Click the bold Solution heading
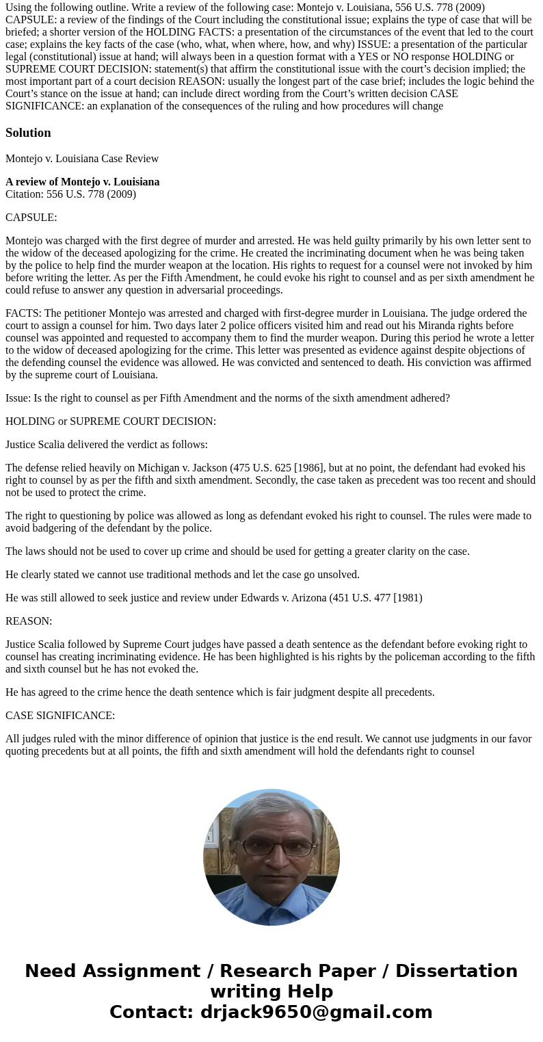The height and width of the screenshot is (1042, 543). tap(28, 133)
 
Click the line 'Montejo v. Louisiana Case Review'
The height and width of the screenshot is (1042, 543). tap(82, 159)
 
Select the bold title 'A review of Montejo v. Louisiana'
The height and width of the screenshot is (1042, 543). tap(82, 182)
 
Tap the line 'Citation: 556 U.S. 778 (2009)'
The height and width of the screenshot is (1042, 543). tap(70, 194)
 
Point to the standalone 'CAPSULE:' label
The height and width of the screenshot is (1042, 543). tap(31, 218)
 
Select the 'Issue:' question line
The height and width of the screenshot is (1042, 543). tap(227, 398)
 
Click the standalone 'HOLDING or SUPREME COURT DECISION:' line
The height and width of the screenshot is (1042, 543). tap(111, 421)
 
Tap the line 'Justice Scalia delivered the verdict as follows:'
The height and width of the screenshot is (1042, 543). tap(107, 445)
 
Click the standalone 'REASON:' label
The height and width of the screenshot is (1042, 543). tap(29, 621)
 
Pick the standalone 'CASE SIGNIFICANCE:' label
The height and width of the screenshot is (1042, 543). tap(60, 716)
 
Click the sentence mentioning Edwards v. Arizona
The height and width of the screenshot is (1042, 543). tap(213, 598)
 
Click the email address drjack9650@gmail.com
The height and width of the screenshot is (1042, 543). tap(316, 1012)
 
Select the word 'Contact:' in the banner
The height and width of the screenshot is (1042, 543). tap(151, 1012)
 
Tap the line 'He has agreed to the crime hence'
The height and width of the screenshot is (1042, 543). tap(220, 692)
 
